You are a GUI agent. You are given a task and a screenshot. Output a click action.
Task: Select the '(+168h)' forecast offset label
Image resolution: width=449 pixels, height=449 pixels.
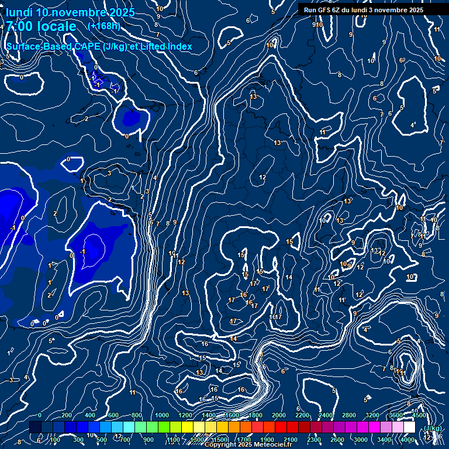(104, 26)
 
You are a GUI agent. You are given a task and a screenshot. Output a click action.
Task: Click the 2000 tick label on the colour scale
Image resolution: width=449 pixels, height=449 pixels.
(279, 415)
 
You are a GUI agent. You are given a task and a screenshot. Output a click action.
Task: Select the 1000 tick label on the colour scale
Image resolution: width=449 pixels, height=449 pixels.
(162, 415)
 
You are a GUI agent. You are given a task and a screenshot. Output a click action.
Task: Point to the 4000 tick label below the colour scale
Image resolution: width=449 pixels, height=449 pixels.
(407, 440)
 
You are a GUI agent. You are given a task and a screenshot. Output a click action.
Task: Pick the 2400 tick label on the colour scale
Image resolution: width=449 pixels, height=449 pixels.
(326, 415)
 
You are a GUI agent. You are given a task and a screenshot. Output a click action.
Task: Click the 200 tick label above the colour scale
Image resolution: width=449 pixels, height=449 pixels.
(65, 415)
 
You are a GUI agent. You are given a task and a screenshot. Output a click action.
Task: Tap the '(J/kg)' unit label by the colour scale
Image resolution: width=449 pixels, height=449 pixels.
(432, 429)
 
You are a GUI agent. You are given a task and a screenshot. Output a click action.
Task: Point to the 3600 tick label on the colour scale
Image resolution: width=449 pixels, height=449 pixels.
(396, 415)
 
